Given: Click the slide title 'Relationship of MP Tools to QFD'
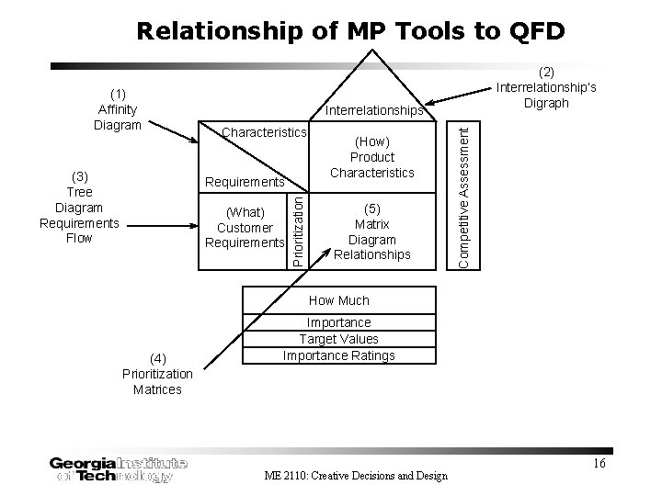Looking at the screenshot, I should click(350, 31).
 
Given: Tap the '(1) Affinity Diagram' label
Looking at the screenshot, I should click(118, 109).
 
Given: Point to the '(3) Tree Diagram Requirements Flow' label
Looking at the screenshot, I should click(79, 207).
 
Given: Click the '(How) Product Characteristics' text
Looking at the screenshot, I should click(372, 156).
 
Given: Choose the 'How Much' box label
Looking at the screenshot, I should click(339, 300).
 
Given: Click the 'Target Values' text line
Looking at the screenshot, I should click(339, 339).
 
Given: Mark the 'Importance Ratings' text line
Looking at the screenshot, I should click(339, 355).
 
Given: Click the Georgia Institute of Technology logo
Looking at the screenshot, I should click(119, 468).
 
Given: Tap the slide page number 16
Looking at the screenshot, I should click(599, 463).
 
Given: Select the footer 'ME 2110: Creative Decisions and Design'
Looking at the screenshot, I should click(355, 475).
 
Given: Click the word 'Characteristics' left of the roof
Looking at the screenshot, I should click(263, 133).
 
